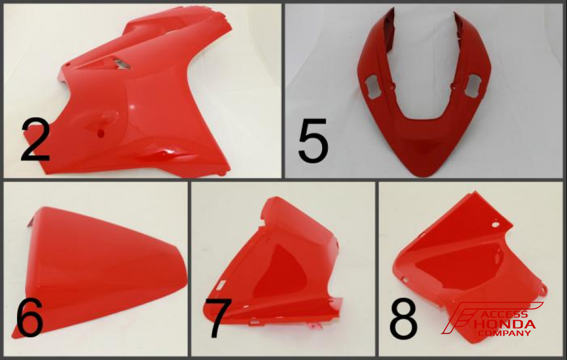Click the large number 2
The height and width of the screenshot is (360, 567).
pyautogui.click(x=35, y=140)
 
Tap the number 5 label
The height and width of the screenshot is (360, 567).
pyautogui.click(x=313, y=140)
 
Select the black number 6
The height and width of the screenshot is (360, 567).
pyautogui.click(x=29, y=317)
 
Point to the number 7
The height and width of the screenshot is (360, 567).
pyautogui.click(x=218, y=318)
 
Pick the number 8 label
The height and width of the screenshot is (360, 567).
pyautogui.click(x=403, y=318)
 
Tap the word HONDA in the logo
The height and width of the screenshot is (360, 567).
pyautogui.click(x=505, y=324)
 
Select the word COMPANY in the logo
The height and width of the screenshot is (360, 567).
pyautogui.click(x=505, y=333)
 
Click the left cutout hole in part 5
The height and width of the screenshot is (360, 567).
pyautogui.click(x=373, y=86)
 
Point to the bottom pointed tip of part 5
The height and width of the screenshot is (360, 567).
pyautogui.click(x=425, y=176)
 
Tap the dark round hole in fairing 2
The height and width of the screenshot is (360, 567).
pyautogui.click(x=101, y=133)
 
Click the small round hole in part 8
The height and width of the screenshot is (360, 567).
pyautogui.click(x=495, y=225)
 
